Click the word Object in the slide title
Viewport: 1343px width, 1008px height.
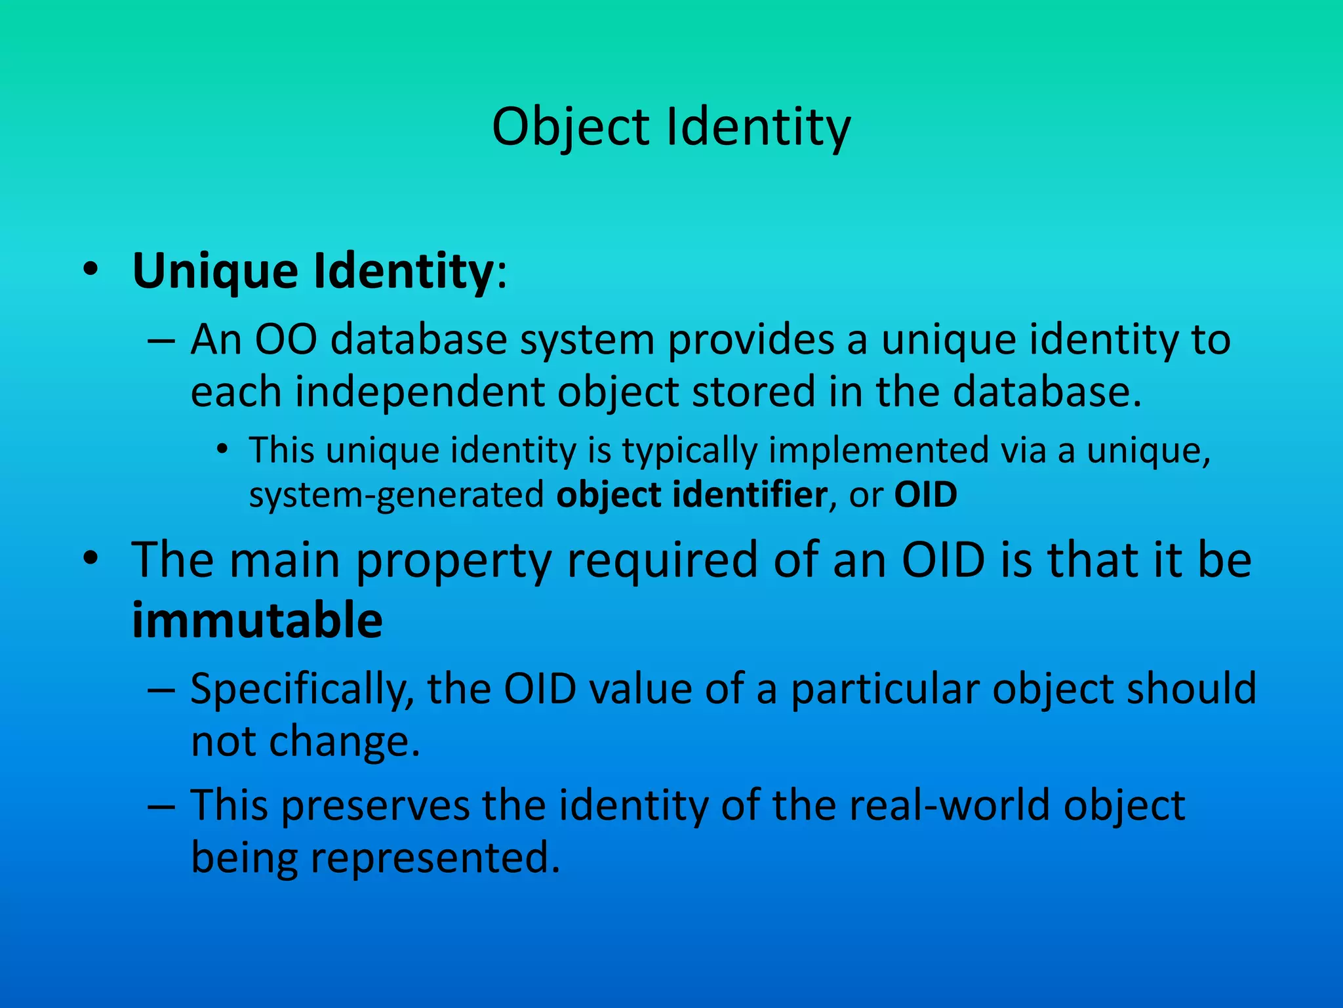click(571, 127)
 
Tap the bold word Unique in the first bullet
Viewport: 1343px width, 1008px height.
click(216, 271)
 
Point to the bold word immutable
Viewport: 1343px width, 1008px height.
click(257, 620)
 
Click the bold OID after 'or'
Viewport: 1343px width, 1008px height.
click(925, 494)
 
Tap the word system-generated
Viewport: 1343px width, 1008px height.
click(396, 495)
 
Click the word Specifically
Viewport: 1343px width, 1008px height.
click(302, 689)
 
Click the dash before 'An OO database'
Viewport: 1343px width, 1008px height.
click(161, 341)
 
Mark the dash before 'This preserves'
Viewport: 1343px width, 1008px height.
click(161, 807)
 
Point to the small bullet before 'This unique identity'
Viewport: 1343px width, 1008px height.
click(223, 450)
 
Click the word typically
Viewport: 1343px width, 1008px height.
click(689, 451)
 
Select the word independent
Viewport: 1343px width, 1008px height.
click(420, 392)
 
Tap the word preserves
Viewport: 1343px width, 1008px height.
click(376, 805)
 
